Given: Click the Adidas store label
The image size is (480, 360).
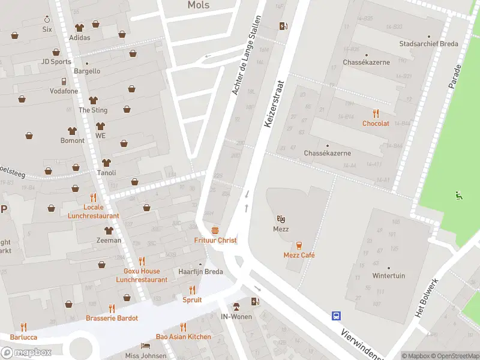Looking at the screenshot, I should coord(80,37).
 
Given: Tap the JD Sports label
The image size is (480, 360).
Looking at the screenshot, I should coord(56,61).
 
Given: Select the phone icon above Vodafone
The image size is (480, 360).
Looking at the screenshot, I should coord(64,81).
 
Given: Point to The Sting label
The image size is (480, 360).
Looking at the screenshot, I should coord(93,110).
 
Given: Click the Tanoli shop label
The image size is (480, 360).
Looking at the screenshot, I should coord(106,173).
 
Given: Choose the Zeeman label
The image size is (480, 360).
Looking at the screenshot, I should coord(109,240).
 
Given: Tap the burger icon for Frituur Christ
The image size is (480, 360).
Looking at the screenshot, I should coord(215,230).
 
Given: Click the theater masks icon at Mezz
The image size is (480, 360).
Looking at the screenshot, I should coord(281,220).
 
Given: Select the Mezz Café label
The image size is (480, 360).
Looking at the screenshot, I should coord(299,255).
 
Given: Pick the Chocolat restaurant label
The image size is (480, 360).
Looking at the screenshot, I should coord(376,123).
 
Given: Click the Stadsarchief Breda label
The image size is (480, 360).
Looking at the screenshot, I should coord(428,44).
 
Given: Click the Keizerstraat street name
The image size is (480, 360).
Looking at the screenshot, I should coord(273,104).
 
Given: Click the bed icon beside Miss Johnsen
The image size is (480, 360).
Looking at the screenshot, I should coord(145,346).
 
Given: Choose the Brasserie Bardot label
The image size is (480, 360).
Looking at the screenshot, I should coord(112,317).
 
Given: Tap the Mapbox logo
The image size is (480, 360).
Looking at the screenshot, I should coord(27,352).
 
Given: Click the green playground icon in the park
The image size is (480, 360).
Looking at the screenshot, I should coord(459,194).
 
